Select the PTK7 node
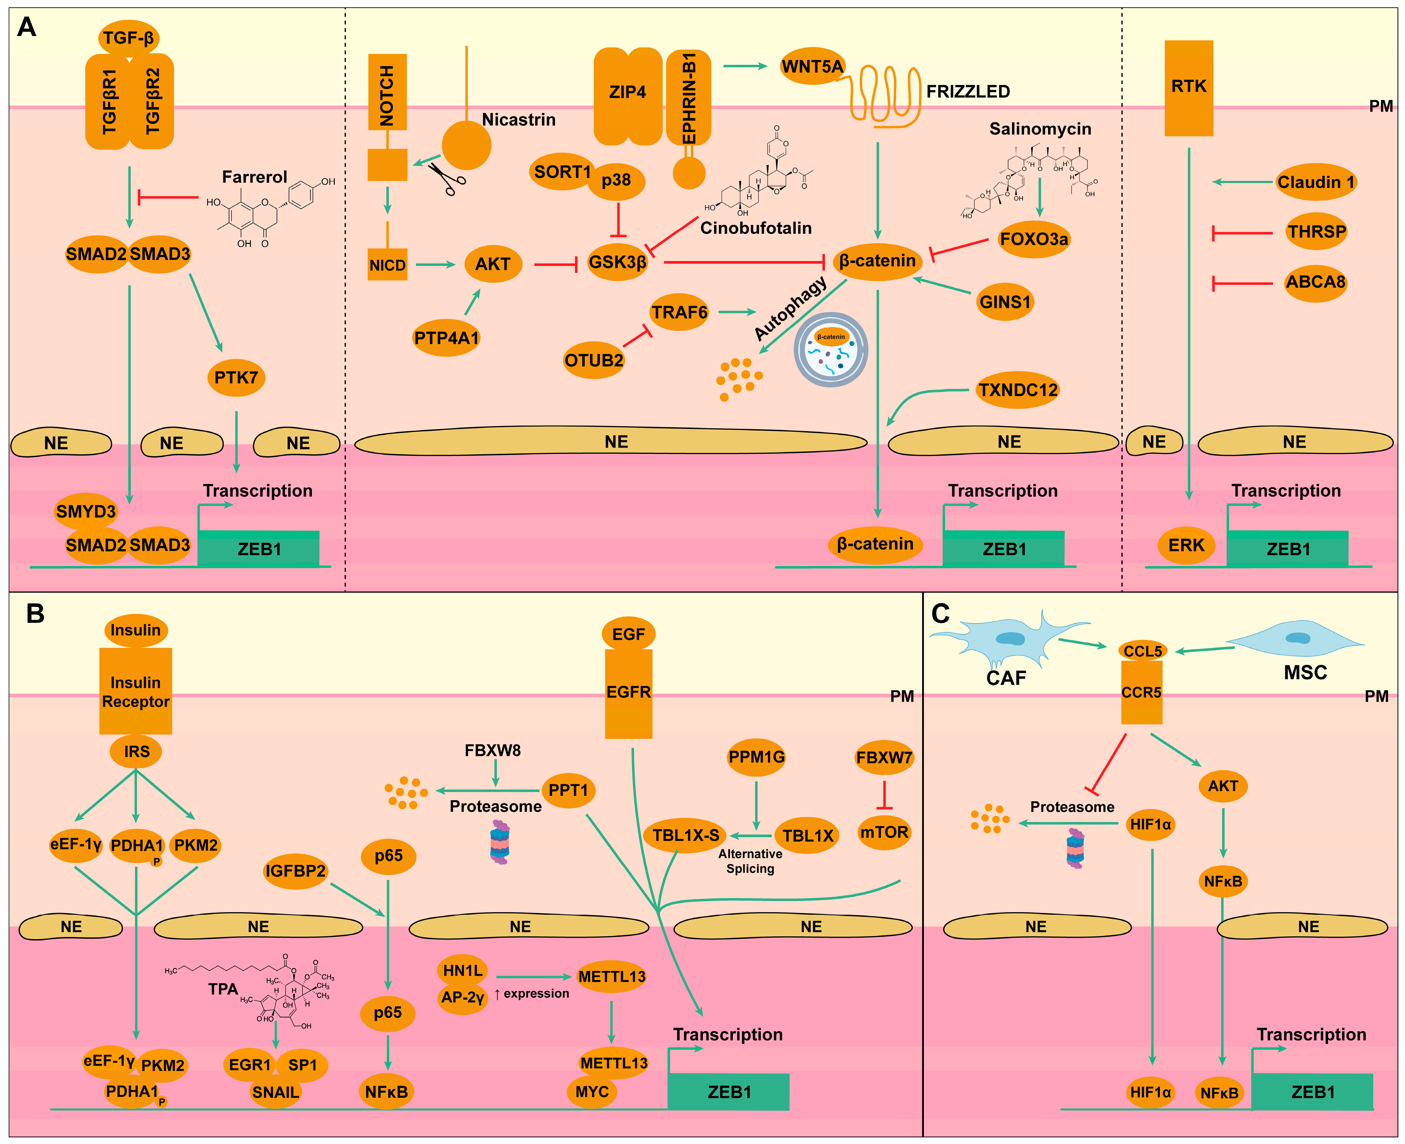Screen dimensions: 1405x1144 pyautogui.click(x=236, y=378)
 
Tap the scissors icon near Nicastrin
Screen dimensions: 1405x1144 pyautogui.click(x=446, y=178)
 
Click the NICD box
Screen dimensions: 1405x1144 pyautogui.click(x=387, y=265)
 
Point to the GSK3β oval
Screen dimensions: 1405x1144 pyautogui.click(x=617, y=262)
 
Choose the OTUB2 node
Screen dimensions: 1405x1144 pyautogui.click(x=594, y=361)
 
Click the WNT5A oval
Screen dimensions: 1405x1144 pyautogui.click(x=813, y=67)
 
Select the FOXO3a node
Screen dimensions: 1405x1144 pyautogui.click(x=1034, y=239)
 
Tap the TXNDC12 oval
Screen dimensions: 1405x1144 pyautogui.click(x=1018, y=390)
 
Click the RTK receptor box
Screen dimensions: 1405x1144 pyautogui.click(x=1189, y=88)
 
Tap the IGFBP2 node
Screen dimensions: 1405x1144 pyautogui.click(x=295, y=871)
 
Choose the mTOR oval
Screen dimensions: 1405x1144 pyautogui.click(x=884, y=832)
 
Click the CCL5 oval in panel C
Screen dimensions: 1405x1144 pyautogui.click(x=1143, y=651)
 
